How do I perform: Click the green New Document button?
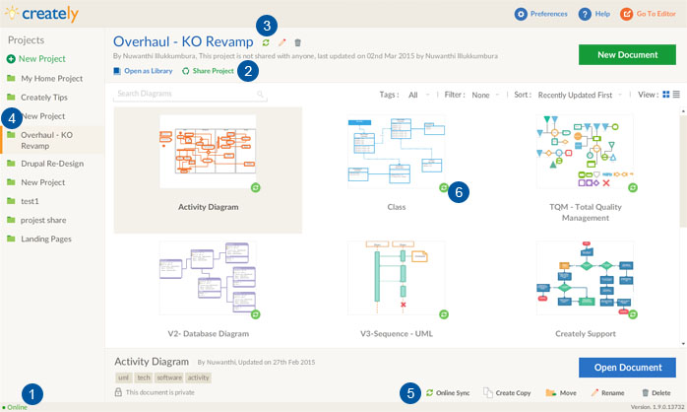click(626, 54)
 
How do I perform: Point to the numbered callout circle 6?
click(458, 193)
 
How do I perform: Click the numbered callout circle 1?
click(31, 394)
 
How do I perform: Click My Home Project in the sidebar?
click(51, 78)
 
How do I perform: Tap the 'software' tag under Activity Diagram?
click(169, 378)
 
